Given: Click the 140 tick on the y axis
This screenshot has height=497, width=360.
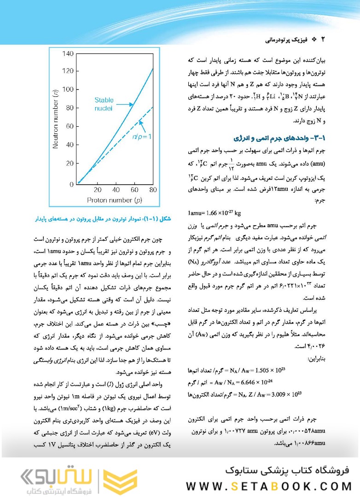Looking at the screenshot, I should pos(67,54).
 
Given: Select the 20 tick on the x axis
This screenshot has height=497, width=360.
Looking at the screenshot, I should pos(97,190).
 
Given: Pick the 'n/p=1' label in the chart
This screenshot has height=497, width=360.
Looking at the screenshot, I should pos(142,137).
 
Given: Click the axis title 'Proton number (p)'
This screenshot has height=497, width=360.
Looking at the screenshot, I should pos(115,200).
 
